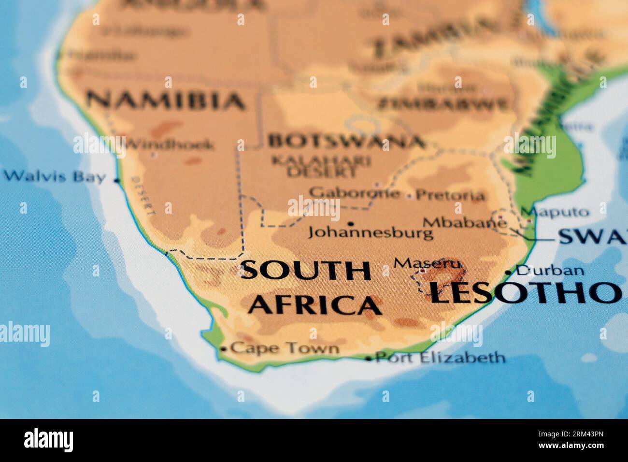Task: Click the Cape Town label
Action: coord(285,348)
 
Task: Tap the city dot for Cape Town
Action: coord(223,349)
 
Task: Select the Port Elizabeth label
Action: coord(441,358)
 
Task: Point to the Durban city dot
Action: coord(508,273)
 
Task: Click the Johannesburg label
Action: coord(371,233)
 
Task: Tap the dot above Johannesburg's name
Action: coord(350,223)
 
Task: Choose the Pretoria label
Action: coord(450,196)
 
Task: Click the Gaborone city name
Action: coord(355,193)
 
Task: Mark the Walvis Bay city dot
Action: coord(116,180)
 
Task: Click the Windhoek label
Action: coord(170,144)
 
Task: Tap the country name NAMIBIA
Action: coord(166,101)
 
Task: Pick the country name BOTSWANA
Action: coord(346,141)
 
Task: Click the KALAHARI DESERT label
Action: coord(321,166)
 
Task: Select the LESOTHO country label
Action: coord(525,292)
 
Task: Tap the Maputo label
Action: coord(555,212)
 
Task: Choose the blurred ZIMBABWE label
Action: coord(443,104)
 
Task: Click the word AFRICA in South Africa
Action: coord(315,305)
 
